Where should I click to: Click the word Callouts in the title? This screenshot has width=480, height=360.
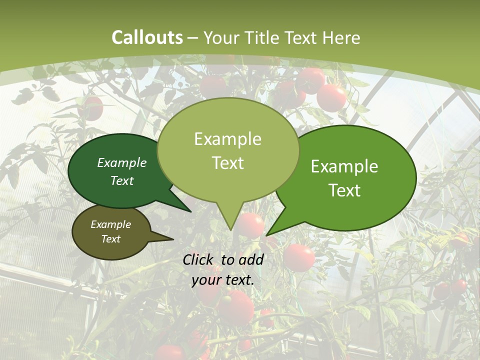click(x=147, y=37)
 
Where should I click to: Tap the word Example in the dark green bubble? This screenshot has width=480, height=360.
click(x=121, y=162)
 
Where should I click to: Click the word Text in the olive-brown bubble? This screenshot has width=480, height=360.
click(x=110, y=239)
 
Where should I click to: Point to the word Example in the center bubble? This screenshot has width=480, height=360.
click(x=227, y=139)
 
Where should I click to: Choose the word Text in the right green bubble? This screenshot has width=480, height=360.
click(x=344, y=190)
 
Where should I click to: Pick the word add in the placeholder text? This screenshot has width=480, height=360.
click(x=251, y=259)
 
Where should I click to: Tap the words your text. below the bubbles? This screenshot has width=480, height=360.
click(x=222, y=280)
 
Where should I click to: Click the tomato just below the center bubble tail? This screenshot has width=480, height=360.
click(x=250, y=225)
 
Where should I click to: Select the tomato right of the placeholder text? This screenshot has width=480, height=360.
click(x=299, y=257)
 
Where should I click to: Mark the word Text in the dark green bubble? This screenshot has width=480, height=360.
click(x=121, y=180)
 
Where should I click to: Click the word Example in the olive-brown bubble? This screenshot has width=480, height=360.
click(x=110, y=224)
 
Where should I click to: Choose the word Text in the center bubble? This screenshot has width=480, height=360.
click(x=227, y=163)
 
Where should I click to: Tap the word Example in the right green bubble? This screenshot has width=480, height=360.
click(x=344, y=166)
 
